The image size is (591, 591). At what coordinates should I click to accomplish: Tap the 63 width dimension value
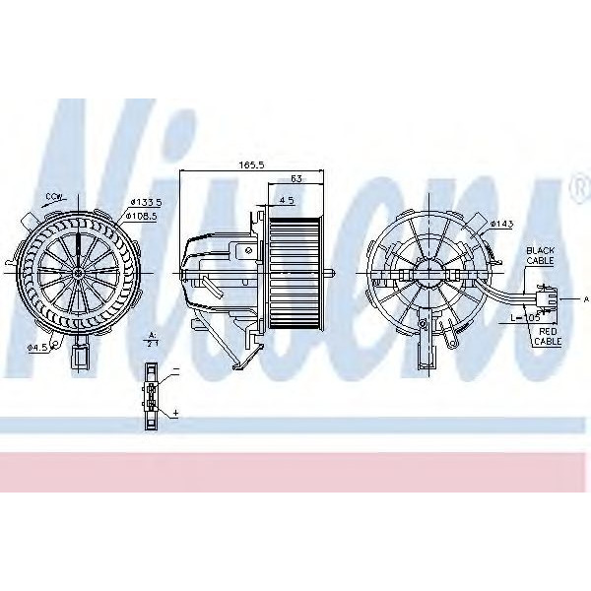[296, 179]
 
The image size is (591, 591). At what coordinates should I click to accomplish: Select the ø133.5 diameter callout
[144, 202]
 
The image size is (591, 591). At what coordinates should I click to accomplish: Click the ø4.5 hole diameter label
[38, 346]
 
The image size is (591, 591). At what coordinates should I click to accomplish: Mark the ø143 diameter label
[501, 224]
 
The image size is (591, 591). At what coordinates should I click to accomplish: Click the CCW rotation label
[54, 197]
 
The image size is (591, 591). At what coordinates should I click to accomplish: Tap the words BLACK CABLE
[541, 256]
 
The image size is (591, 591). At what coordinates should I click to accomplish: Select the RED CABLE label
[547, 336]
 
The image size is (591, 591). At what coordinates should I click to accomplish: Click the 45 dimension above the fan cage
[287, 200]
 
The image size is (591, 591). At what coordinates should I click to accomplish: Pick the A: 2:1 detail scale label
[152, 340]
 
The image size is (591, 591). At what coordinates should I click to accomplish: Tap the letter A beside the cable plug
[584, 296]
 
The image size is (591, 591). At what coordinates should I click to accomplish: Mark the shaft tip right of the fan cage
[338, 271]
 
